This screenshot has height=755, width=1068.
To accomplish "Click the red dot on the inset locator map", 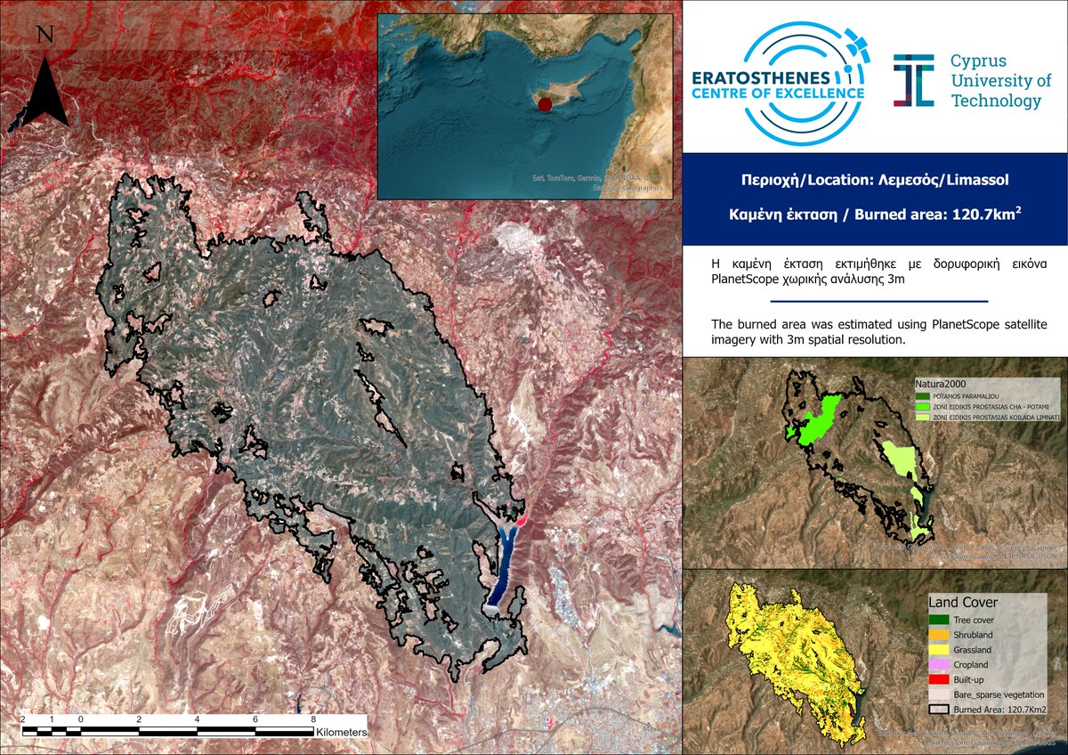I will (546, 105).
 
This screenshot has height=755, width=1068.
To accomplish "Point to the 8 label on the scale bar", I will (312, 718).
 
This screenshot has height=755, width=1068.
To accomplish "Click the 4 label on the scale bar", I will (197, 718).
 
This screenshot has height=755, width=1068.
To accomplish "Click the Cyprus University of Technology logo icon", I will (914, 80).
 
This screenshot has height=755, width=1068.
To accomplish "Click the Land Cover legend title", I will (962, 603).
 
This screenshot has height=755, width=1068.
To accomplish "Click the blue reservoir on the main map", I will (503, 570).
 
